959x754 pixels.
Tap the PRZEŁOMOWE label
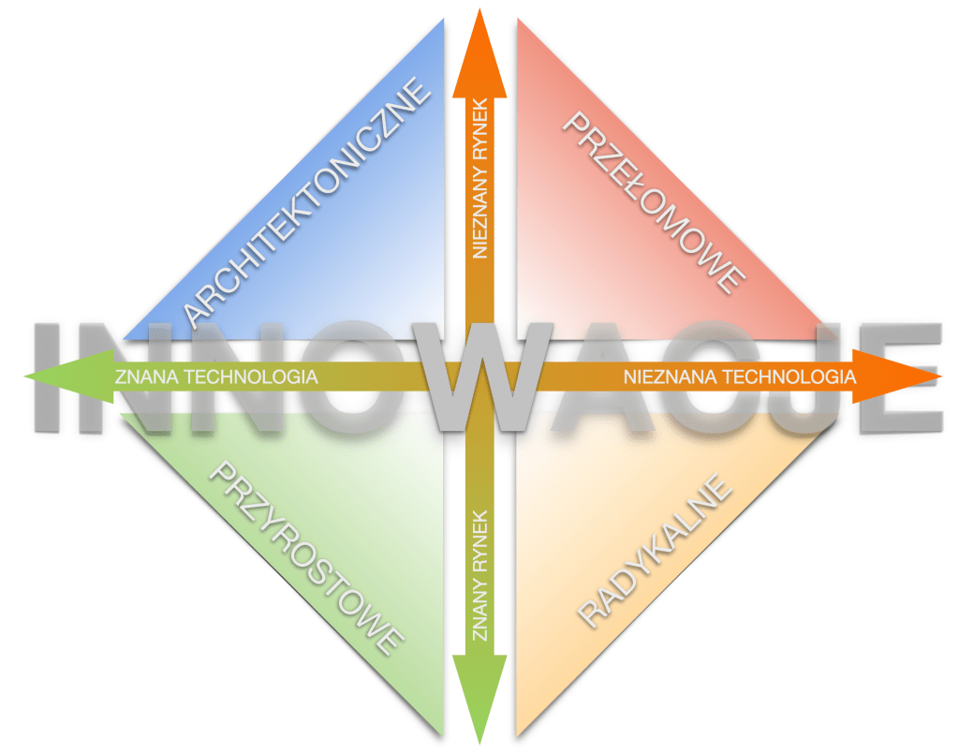click(654, 200)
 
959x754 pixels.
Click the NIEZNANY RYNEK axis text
click(479, 178)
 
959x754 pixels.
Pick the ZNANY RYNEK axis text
click(479, 573)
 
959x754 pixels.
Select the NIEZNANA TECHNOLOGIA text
click(739, 377)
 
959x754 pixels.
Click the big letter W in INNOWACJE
click(479, 375)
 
